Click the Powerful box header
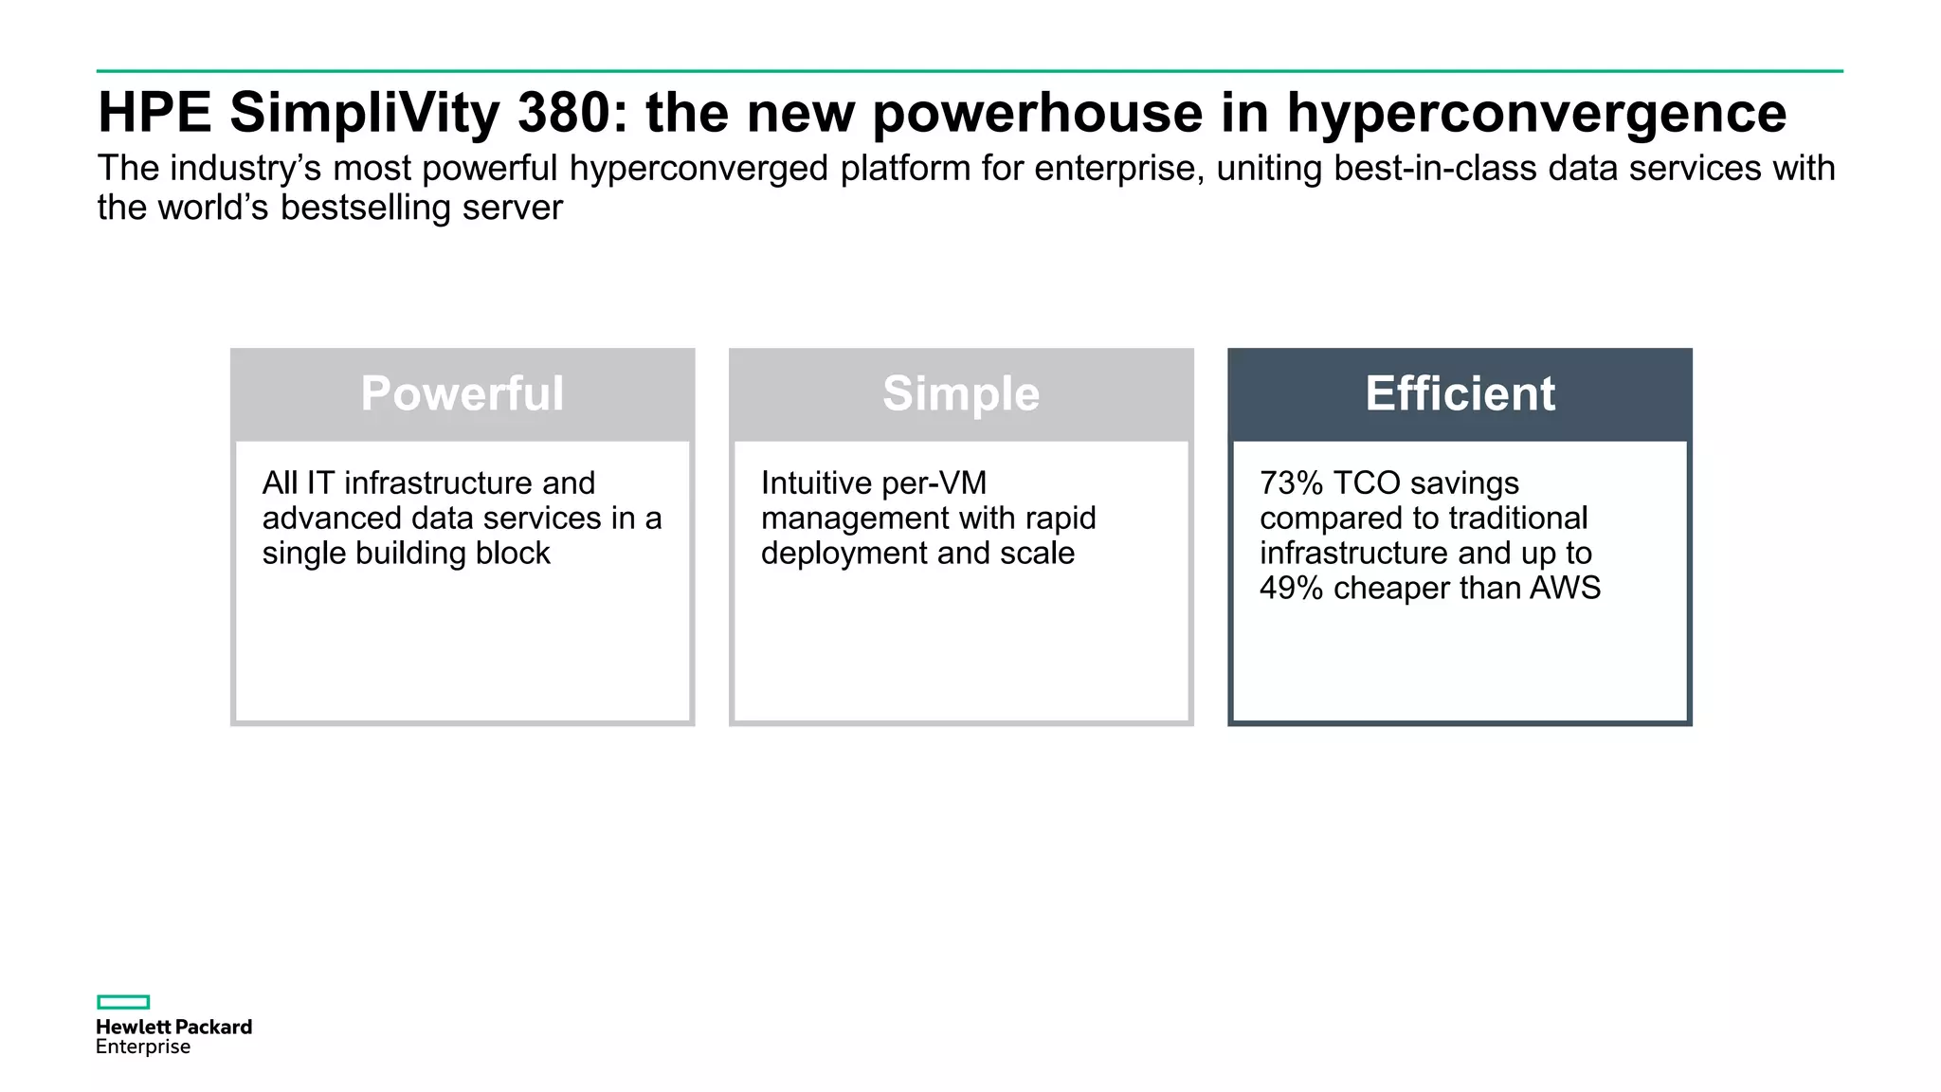pos(462,393)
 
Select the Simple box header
pos(960,393)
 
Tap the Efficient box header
pos(1460,393)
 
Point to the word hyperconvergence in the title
pos(1535,113)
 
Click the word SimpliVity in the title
pos(364,113)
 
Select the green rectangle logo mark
pos(123,1002)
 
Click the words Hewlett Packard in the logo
pos(173,1027)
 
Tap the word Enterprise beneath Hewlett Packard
pos(143,1046)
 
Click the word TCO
pos(1366,483)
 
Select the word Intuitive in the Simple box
pos(814,483)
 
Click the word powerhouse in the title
pos(1038,113)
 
